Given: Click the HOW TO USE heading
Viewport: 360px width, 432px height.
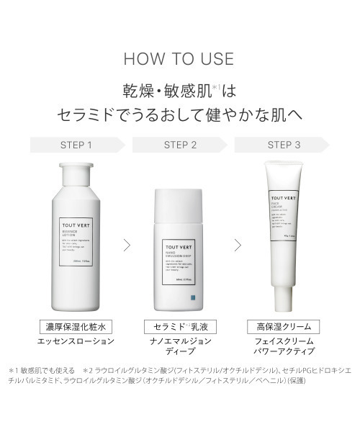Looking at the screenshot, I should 179,58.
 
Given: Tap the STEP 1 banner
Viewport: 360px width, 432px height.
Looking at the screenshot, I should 78,144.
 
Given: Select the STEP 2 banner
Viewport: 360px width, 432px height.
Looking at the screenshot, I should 180,144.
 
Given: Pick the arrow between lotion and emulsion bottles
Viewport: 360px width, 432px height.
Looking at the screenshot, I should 127,245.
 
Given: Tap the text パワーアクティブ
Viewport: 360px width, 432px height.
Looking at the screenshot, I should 284,354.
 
